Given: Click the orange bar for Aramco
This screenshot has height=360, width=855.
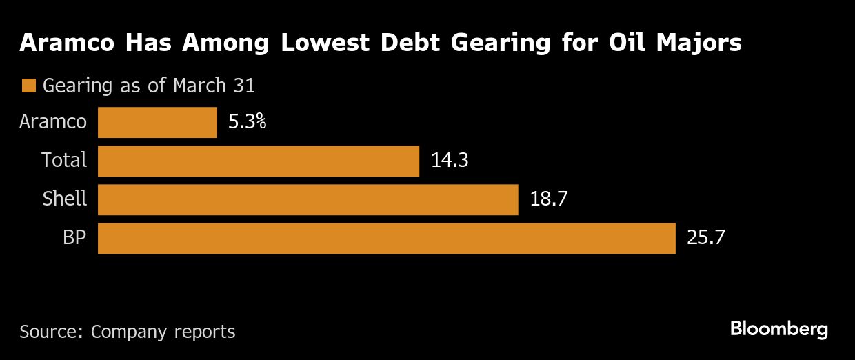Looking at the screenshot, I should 157,122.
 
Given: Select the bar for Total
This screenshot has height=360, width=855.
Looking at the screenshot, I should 259,161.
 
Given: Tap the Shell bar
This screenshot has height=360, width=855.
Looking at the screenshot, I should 308,199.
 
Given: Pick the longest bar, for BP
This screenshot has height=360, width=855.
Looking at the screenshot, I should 386,238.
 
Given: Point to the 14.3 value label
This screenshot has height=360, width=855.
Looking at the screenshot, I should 450,161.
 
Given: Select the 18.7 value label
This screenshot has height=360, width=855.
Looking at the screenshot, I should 548,199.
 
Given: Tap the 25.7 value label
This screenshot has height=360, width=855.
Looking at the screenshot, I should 705,238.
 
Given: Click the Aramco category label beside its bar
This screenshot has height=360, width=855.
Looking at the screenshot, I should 54,122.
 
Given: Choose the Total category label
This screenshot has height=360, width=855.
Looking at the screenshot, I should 64,161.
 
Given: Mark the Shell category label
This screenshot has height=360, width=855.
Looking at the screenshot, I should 65,199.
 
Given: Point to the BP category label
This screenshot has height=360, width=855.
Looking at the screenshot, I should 74,238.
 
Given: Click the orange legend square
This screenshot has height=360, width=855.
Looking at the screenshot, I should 28,86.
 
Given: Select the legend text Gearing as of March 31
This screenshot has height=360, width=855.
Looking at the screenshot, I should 149,86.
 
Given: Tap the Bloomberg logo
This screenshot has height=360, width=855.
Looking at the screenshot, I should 779,330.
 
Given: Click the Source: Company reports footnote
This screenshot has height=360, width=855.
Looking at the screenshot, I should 128,332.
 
